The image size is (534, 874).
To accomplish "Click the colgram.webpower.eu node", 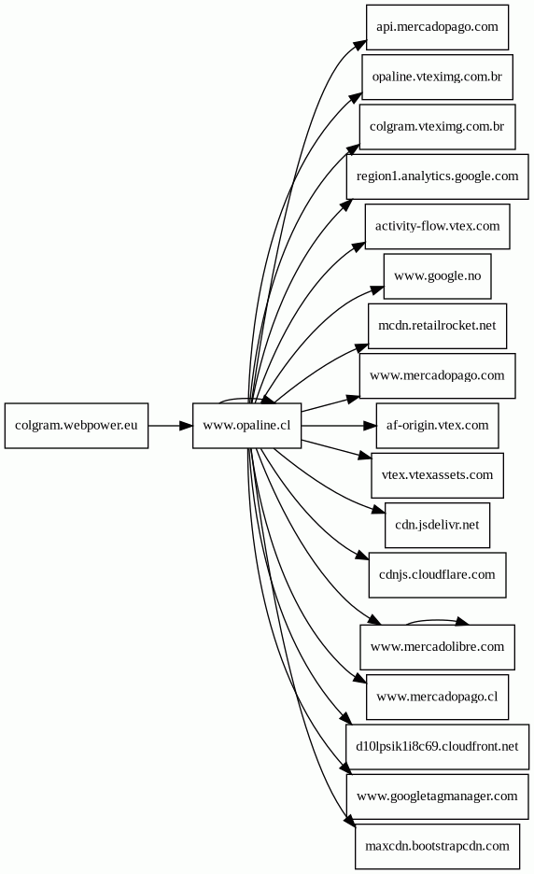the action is tap(77, 425).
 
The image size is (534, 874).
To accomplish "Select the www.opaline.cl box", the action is tap(247, 425).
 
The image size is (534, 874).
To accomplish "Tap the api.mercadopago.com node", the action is tap(437, 27).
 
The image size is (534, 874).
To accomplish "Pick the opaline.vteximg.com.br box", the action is tap(437, 77).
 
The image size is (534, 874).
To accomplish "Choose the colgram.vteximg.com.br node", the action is tap(437, 127).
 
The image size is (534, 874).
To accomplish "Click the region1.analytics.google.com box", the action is tap(437, 176).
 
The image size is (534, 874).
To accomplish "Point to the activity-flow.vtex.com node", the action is tap(437, 226).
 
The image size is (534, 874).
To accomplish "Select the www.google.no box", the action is tap(437, 275).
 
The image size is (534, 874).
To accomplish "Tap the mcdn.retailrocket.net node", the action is tap(437, 326).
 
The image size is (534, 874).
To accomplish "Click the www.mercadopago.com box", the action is tap(437, 375).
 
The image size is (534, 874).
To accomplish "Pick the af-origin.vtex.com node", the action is tap(437, 425).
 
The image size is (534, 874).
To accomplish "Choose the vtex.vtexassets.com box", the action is tap(437, 475).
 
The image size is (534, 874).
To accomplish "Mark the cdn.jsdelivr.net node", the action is tap(437, 525).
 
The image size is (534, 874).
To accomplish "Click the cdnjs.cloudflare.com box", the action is tap(437, 574).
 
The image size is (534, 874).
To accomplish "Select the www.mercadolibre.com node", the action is tap(437, 647).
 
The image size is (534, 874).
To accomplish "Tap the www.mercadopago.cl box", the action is tap(437, 697).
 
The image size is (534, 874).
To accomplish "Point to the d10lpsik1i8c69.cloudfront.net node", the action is tap(437, 747).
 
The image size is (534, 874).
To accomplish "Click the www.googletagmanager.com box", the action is tap(437, 796).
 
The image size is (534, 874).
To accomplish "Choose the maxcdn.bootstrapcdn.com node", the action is tap(437, 846).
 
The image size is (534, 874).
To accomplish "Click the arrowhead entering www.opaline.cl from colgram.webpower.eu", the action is tap(186, 425).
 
